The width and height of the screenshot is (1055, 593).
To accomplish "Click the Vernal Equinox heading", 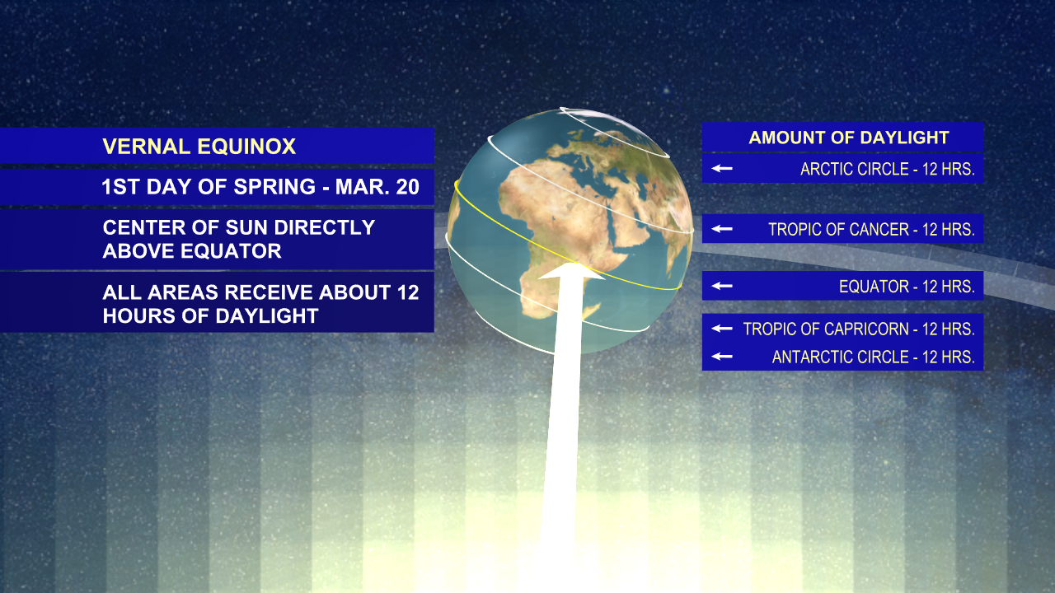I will point(199,147).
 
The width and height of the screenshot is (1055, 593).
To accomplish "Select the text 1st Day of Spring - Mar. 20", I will point(260,187).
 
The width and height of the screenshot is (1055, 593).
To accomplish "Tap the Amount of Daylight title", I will point(849,138).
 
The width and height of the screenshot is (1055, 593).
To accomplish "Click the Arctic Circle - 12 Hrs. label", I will point(887,169).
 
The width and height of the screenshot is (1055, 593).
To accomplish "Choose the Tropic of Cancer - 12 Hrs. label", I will point(871,230).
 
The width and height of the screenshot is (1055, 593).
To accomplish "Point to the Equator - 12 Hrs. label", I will point(907,287).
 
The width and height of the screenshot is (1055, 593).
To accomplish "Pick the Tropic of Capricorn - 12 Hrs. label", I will point(858,329).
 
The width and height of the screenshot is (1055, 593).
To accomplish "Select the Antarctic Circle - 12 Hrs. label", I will point(873,357).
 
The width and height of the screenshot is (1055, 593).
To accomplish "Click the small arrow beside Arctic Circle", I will point(722,169).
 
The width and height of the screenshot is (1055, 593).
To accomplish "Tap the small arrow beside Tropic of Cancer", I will point(722,229).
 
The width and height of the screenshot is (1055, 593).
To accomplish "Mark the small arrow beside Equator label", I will point(722,286).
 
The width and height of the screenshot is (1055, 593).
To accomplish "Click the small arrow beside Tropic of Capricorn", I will point(722,329).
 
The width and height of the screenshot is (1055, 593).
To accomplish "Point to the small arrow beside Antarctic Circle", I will point(722,357).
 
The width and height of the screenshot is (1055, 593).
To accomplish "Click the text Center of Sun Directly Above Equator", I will point(238,239).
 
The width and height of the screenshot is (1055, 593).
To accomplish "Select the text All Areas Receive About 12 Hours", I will point(260,303).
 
